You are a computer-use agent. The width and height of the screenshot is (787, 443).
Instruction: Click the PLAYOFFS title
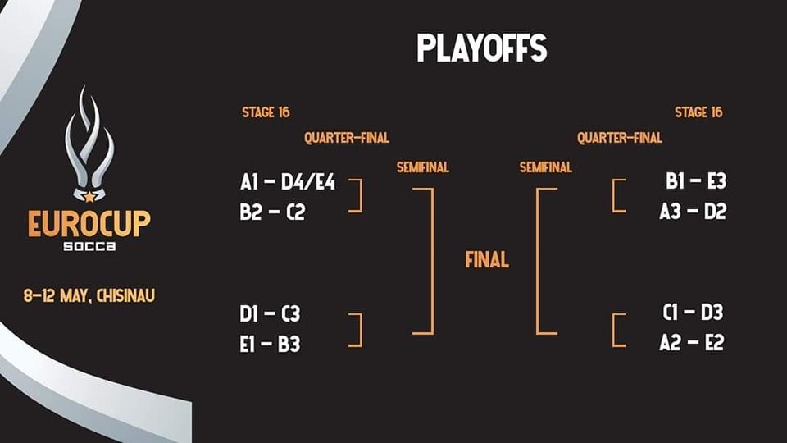pos(481,48)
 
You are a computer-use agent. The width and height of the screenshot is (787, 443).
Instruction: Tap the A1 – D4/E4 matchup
pos(288,182)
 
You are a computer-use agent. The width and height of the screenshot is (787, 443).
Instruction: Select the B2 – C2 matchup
pos(272,212)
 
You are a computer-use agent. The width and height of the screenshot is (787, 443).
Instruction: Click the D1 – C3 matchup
pos(270,314)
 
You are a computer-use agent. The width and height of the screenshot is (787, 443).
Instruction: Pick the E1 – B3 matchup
pos(270,344)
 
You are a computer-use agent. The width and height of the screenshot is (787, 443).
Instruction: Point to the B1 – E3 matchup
pos(696,180)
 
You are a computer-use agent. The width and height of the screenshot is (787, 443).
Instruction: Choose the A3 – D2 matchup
pos(694,212)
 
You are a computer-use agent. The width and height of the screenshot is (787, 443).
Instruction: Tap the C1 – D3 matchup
pos(694,313)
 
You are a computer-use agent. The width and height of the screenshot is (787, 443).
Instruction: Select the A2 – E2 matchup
pos(692,343)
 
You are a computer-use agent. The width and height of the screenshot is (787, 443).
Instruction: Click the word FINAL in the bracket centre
pos(487,260)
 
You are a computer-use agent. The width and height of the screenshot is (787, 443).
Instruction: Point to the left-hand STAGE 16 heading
pos(266,112)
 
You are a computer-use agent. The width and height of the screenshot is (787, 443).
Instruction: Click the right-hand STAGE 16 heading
pos(698,112)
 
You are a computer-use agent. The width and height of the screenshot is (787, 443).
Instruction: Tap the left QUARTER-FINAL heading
pos(347,138)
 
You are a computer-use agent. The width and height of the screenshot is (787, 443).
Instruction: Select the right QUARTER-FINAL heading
pos(620,138)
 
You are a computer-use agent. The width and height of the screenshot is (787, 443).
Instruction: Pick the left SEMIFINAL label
pos(423,167)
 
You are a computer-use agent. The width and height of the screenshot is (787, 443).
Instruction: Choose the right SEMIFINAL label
pos(546,167)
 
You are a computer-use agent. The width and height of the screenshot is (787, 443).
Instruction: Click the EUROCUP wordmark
pos(89,223)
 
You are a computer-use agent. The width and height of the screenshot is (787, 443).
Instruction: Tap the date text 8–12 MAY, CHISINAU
pos(89,295)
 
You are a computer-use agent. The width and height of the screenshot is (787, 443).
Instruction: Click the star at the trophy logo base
pos(89,197)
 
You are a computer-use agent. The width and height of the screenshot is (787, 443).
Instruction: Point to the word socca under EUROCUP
pos(89,246)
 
